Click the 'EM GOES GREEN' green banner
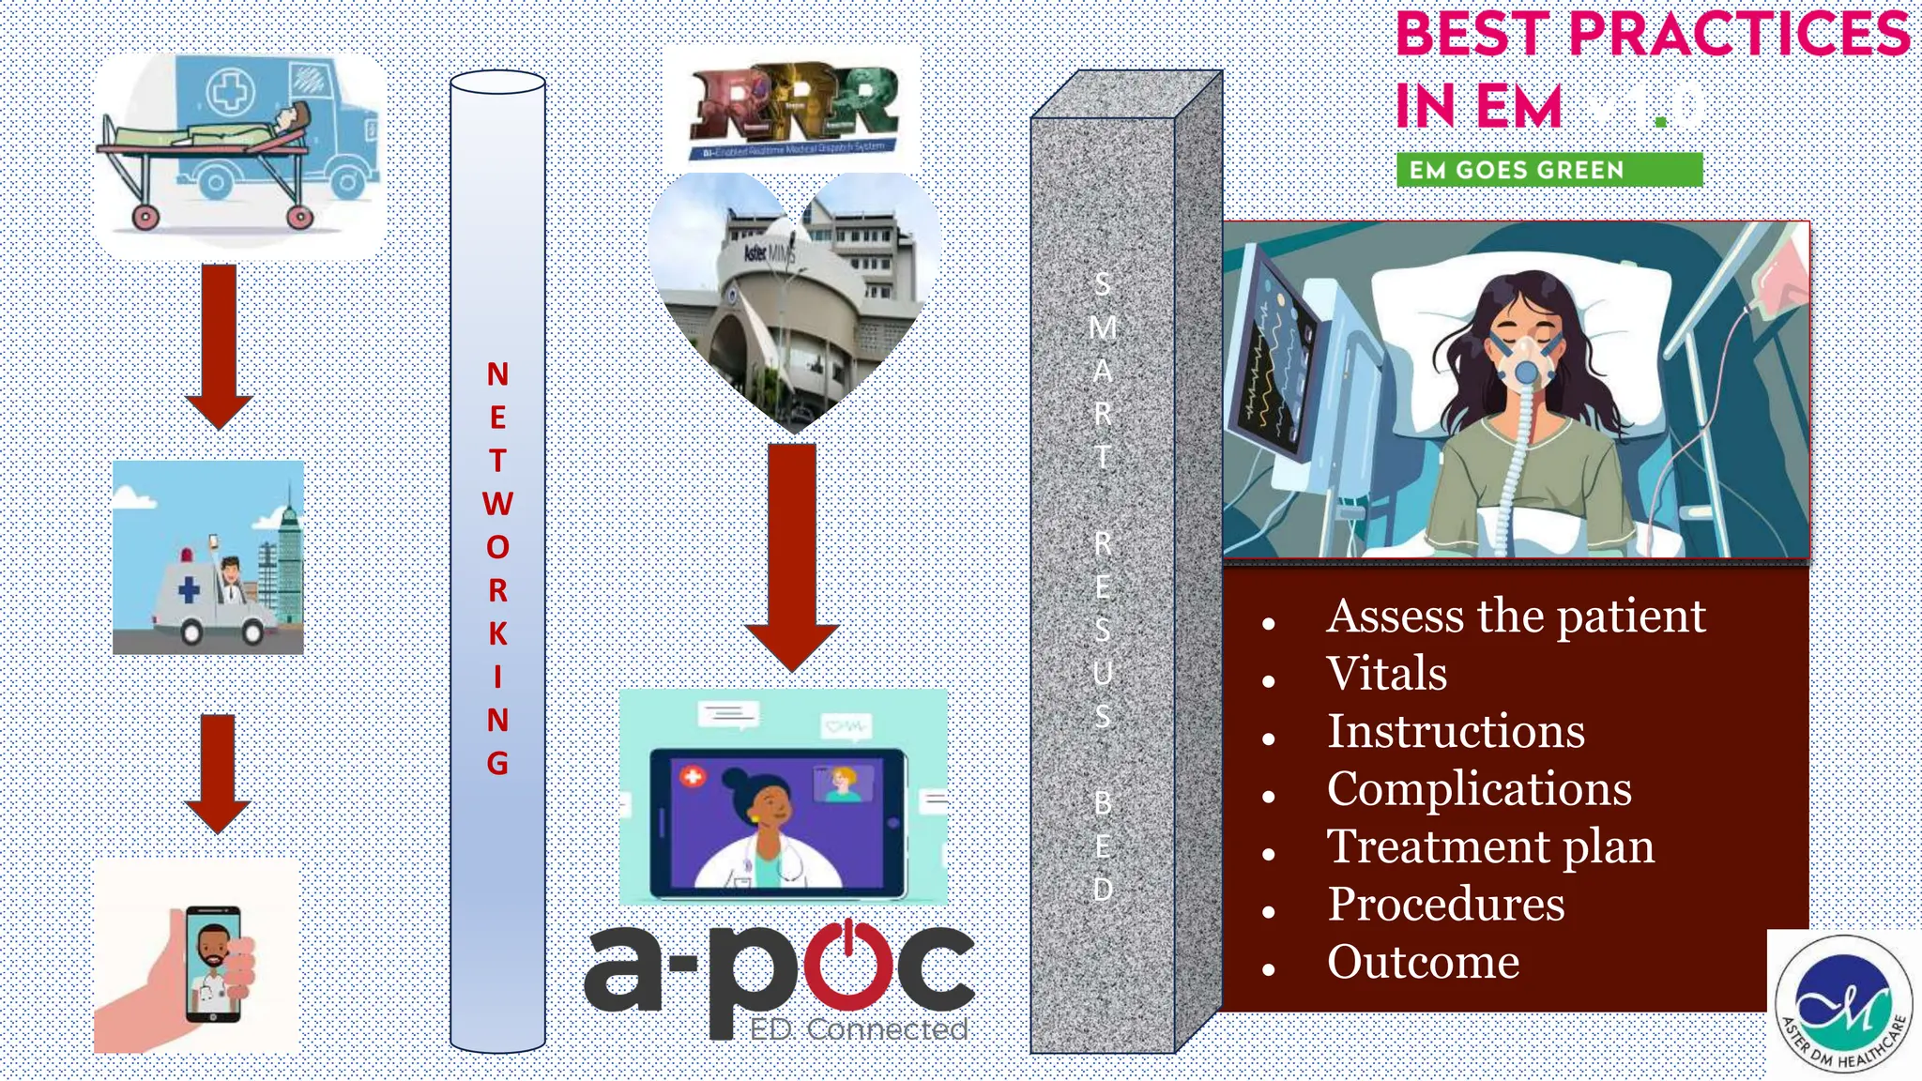pyautogui.click(x=1548, y=170)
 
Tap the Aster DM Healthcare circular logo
pyautogui.click(x=1843, y=1003)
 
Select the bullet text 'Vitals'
pyautogui.click(x=1386, y=674)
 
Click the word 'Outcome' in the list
pyautogui.click(x=1423, y=962)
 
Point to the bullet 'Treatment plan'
pyautogui.click(x=1490, y=846)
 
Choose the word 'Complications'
pyautogui.click(x=1479, y=788)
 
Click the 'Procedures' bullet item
pyautogui.click(x=1445, y=905)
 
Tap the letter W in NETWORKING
pyautogui.click(x=497, y=504)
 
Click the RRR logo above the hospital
pyautogui.click(x=793, y=108)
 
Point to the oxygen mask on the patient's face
pyautogui.click(x=1525, y=361)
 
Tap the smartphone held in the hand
pyautogui.click(x=213, y=964)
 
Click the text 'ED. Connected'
pyautogui.click(x=858, y=1029)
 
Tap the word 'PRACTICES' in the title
pyautogui.click(x=1739, y=35)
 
